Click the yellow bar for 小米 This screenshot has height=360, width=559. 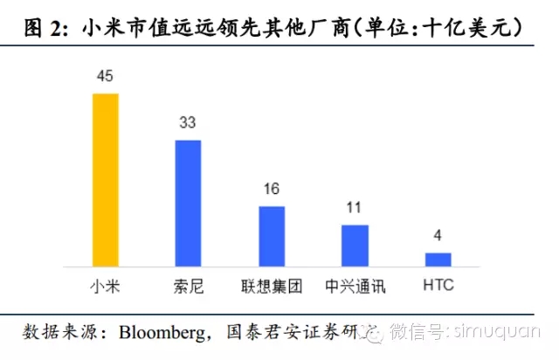coord(105,179)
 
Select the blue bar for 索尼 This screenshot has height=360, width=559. coord(188,203)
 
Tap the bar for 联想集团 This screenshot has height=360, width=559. coord(272,236)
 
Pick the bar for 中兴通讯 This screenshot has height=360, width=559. coord(355,246)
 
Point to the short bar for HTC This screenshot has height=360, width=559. coord(438,260)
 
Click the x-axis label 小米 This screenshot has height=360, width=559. coord(105,287)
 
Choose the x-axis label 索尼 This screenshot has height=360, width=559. coord(188,287)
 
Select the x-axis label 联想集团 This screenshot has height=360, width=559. coord(272,287)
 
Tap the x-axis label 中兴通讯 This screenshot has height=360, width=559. coord(355,287)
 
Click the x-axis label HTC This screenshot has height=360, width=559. coord(438,287)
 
